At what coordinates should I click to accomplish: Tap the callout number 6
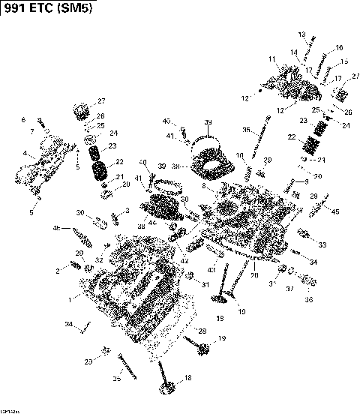click(22, 120)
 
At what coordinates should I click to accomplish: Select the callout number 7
click(32, 132)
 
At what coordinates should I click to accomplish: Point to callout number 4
click(24, 153)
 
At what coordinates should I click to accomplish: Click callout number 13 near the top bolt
click(302, 34)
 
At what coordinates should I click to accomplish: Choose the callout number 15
click(344, 61)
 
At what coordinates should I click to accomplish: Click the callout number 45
click(334, 211)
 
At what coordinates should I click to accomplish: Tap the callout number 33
click(322, 244)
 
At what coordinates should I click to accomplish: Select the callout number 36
click(308, 300)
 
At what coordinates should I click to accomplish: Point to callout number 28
click(201, 330)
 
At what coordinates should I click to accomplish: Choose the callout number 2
click(56, 270)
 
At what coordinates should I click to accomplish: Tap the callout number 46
click(57, 227)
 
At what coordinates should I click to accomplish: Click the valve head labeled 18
click(166, 391)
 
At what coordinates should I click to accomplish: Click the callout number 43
click(211, 269)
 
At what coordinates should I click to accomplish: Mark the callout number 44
click(152, 223)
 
